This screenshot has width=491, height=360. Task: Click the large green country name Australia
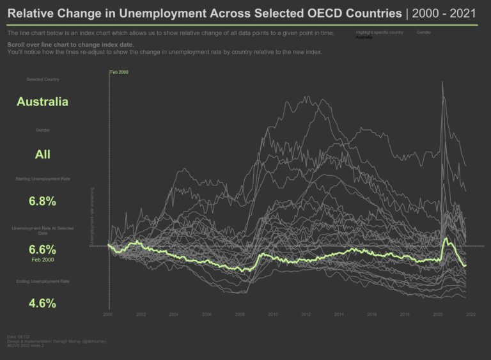click(42, 102)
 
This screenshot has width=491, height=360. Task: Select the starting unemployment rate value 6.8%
click(42, 201)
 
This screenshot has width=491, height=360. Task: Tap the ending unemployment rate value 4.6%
click(42, 303)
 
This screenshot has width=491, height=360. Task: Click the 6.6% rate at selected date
click(42, 249)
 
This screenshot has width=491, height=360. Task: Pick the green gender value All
click(42, 154)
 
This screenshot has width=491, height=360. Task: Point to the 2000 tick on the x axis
click(109, 314)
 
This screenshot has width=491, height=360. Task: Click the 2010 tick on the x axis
click(273, 314)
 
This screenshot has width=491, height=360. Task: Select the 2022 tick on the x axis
click(471, 314)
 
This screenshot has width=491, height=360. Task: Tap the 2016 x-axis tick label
click(371, 314)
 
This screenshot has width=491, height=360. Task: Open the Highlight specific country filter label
click(380, 31)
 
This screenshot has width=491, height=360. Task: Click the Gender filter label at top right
click(423, 31)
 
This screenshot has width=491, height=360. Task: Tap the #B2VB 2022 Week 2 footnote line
click(25, 346)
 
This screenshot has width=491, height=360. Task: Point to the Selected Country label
click(42, 79)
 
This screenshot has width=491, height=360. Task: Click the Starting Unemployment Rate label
click(42, 179)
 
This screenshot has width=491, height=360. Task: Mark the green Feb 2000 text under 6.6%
click(42, 260)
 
